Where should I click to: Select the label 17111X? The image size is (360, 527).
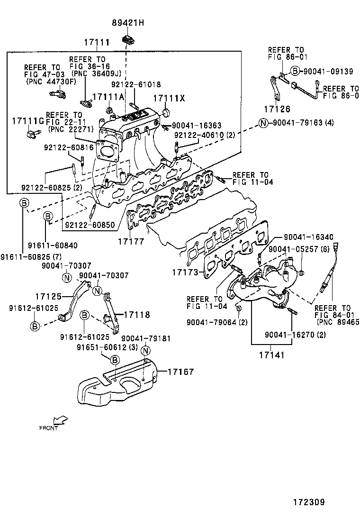point(168,98)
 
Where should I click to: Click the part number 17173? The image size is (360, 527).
point(185,273)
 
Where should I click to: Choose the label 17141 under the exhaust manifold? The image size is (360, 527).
point(271,354)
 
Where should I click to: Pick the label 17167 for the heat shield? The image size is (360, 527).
point(180,373)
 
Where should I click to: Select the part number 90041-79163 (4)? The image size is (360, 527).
point(303,123)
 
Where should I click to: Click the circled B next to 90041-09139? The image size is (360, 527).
point(295,71)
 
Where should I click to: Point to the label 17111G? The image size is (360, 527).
point(28,121)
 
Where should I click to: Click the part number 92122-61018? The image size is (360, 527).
point(136,85)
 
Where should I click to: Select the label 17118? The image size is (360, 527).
point(138,314)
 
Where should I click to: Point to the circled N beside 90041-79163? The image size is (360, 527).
point(264,123)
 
